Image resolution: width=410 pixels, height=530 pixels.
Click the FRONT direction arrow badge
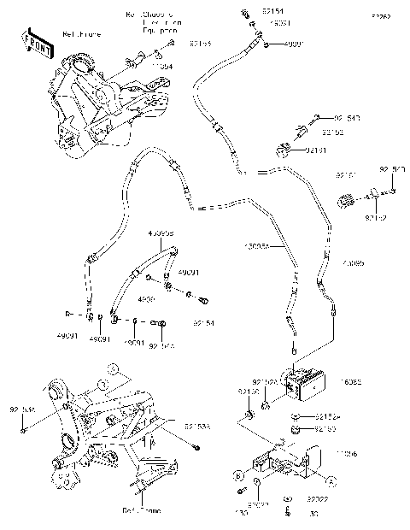click(x=33, y=42)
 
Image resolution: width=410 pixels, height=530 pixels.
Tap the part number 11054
click(x=162, y=66)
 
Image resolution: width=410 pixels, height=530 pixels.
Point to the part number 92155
click(x=200, y=42)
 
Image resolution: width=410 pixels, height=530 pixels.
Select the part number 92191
click(x=316, y=150)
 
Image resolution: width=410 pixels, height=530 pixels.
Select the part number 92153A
click(x=196, y=424)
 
